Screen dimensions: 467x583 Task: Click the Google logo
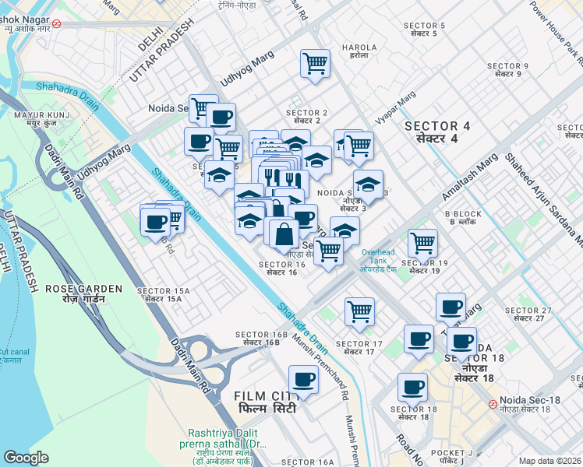pyautogui.click(x=26, y=458)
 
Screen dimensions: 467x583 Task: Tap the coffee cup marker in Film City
pyautogui.click(x=303, y=380)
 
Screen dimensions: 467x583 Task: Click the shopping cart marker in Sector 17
pyautogui.click(x=359, y=311)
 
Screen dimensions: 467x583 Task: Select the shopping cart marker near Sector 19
pyautogui.click(x=422, y=243)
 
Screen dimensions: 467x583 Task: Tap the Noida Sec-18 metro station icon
pyautogui.click(x=493, y=404)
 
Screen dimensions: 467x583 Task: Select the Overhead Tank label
pyautogui.click(x=378, y=258)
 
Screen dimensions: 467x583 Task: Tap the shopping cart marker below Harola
pyautogui.click(x=316, y=63)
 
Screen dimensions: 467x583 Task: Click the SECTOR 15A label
pyautogui.click(x=159, y=294)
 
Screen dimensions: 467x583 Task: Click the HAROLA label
pyautogui.click(x=359, y=51)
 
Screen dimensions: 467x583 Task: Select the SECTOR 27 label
pyautogui.click(x=528, y=314)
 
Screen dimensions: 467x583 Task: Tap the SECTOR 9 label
pyautogui.click(x=507, y=69)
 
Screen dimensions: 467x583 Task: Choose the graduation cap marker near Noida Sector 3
pyautogui.click(x=367, y=184)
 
